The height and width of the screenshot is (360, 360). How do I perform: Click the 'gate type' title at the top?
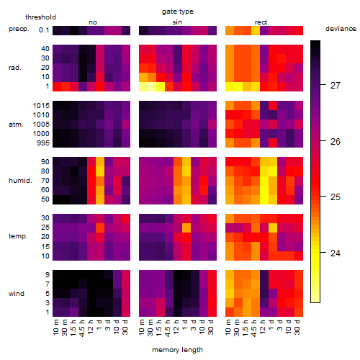(x=178, y=12)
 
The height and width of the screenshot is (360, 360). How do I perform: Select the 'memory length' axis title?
(x=177, y=350)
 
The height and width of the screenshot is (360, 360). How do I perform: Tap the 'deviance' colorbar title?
(x=341, y=29)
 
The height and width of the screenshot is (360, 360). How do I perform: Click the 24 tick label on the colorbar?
(x=335, y=253)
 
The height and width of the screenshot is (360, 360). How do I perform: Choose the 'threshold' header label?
(x=40, y=17)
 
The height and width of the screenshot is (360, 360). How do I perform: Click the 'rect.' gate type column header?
(x=261, y=22)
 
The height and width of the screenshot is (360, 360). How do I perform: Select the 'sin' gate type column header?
(x=177, y=22)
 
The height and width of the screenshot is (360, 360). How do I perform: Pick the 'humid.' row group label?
(x=20, y=181)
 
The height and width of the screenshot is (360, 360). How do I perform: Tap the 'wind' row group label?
(x=17, y=294)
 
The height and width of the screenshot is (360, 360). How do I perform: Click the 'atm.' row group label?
(x=16, y=125)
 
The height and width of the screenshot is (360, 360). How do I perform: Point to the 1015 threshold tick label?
(x=41, y=106)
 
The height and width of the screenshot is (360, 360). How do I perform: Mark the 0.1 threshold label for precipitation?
(x=44, y=30)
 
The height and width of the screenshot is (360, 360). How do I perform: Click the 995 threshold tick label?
(x=43, y=143)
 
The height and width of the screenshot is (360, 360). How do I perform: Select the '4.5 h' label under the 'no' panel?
(x=82, y=328)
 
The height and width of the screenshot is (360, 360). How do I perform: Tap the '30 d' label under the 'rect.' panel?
(x=298, y=327)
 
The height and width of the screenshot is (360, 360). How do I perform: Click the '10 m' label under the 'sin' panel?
(x=143, y=327)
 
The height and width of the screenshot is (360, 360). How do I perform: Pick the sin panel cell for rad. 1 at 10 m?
(x=143, y=86)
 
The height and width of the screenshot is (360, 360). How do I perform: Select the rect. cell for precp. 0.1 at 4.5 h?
(x=256, y=30)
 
